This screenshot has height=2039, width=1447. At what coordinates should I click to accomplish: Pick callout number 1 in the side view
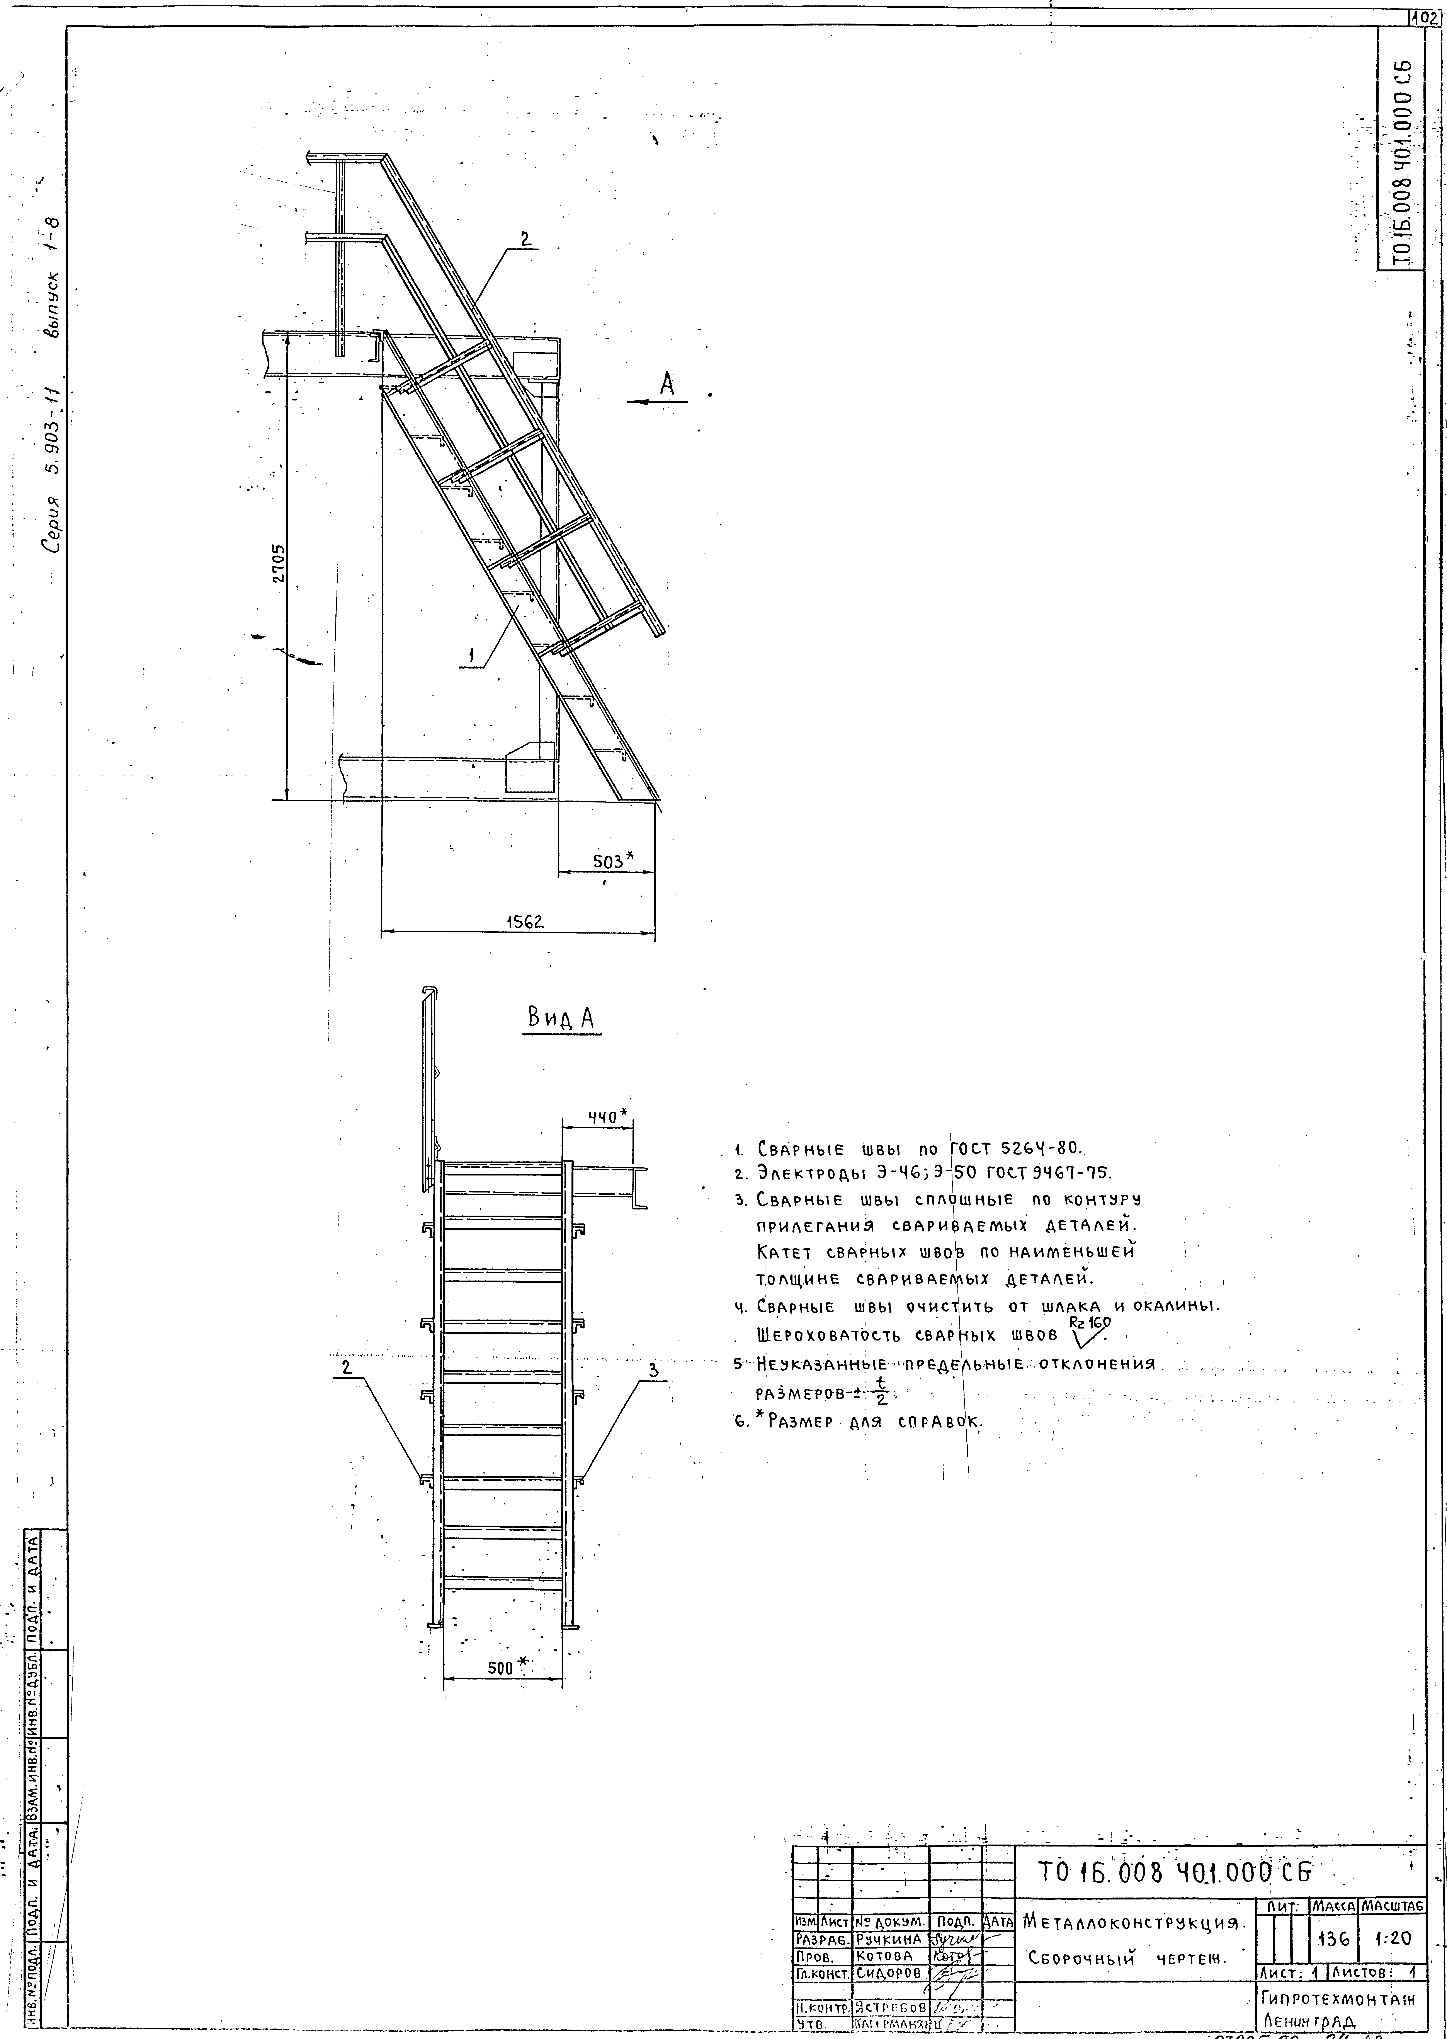pos(471,657)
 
